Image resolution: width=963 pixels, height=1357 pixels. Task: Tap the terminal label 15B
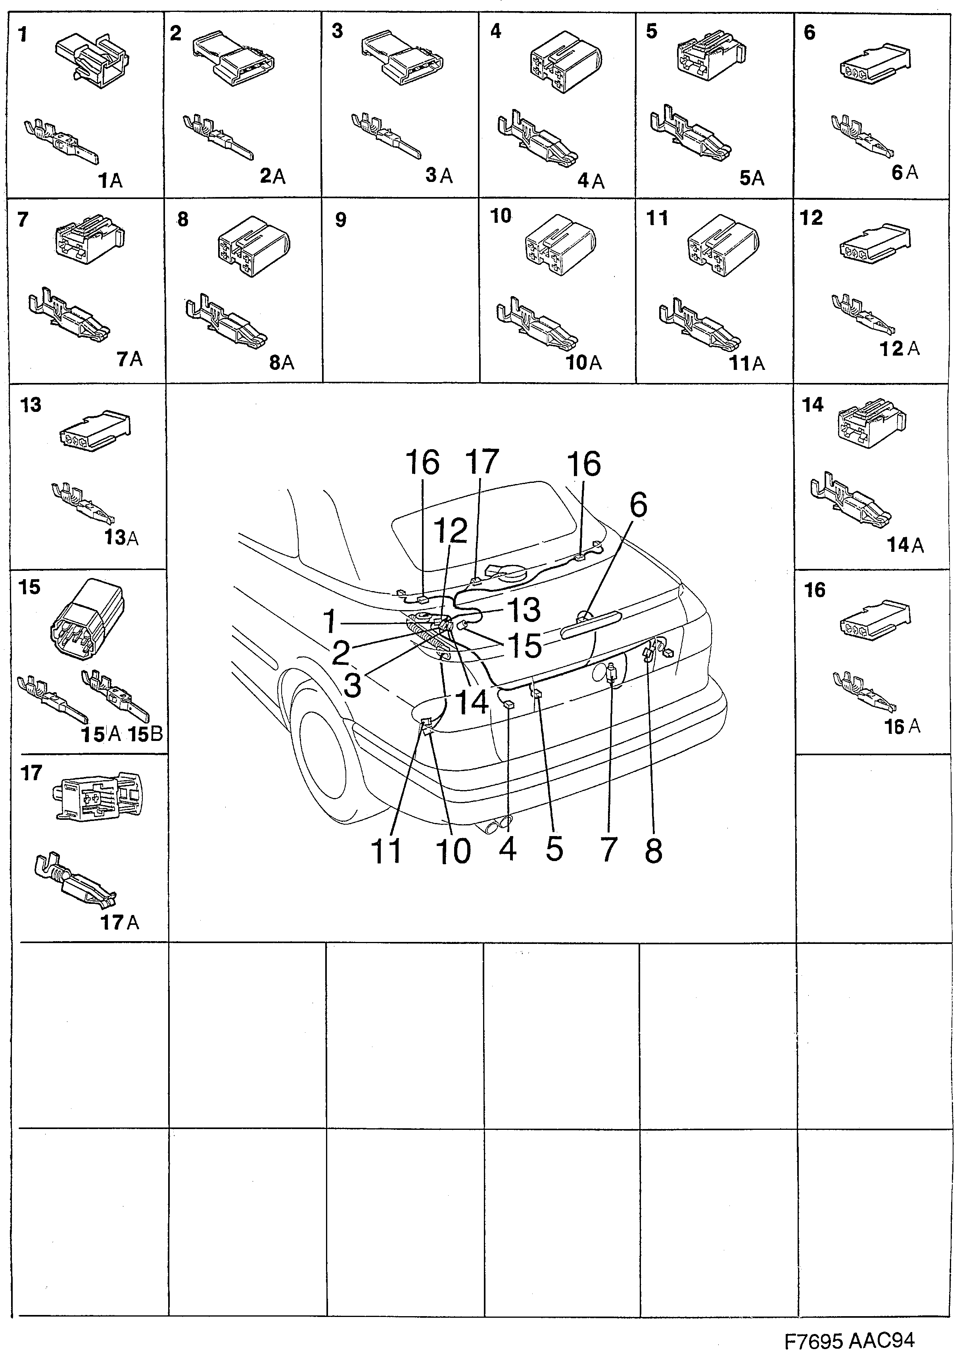point(146,735)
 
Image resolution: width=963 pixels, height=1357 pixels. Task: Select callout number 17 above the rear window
point(481,461)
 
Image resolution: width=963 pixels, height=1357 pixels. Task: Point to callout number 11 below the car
point(386,852)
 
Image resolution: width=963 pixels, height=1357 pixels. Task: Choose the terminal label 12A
point(899,349)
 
